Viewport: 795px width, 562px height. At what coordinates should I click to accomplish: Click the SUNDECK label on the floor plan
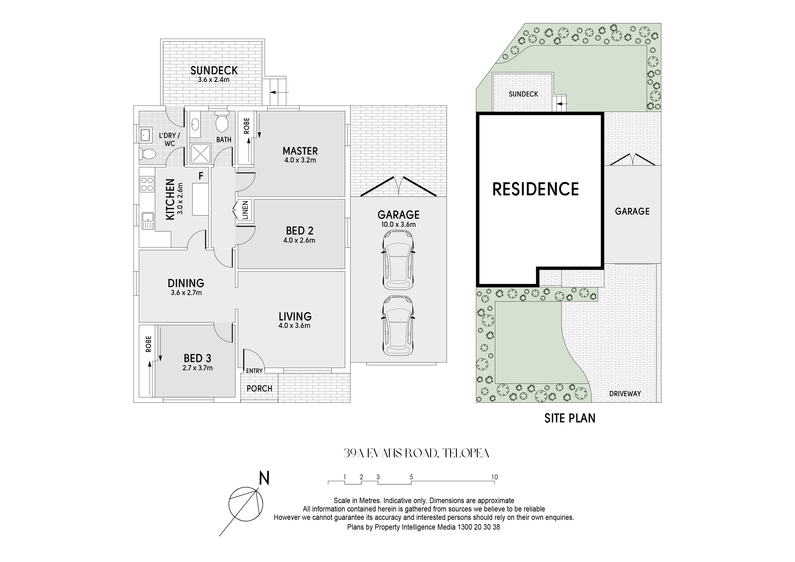coord(214,71)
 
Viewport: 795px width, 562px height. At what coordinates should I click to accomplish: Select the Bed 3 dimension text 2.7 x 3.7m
coord(197,368)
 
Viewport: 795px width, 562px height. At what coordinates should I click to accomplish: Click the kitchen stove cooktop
coord(147,184)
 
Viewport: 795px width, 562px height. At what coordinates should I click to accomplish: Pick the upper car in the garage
coord(398,260)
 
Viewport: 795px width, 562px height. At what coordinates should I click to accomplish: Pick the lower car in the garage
coord(398,325)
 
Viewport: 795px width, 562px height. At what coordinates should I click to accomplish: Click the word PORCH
coord(259,388)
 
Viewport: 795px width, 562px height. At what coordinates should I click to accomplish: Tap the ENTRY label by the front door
coord(254,371)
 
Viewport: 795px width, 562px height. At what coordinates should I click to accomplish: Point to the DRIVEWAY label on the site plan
coord(625,393)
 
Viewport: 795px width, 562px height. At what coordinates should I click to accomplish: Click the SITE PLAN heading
coord(570,418)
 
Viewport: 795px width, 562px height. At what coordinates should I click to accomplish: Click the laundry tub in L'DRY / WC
coord(145,134)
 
